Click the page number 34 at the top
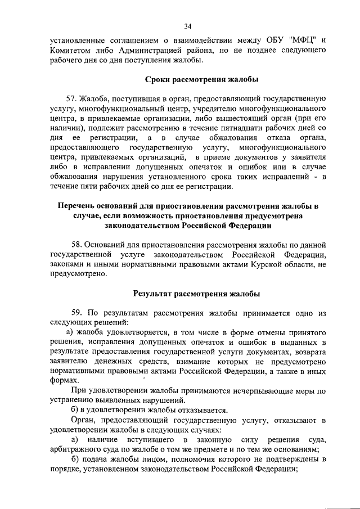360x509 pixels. [x=187, y=25]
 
